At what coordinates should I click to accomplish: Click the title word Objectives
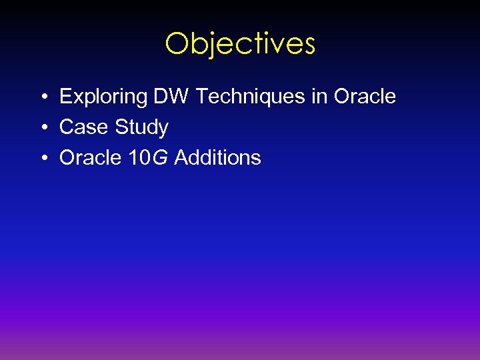(x=240, y=44)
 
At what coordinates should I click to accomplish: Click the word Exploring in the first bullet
(x=103, y=97)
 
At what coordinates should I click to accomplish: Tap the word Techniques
(x=249, y=97)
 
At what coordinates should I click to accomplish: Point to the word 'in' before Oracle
(x=319, y=97)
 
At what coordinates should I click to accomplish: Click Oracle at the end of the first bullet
(x=365, y=97)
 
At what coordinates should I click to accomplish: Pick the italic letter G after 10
(x=160, y=158)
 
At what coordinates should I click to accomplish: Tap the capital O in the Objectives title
(x=177, y=44)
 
